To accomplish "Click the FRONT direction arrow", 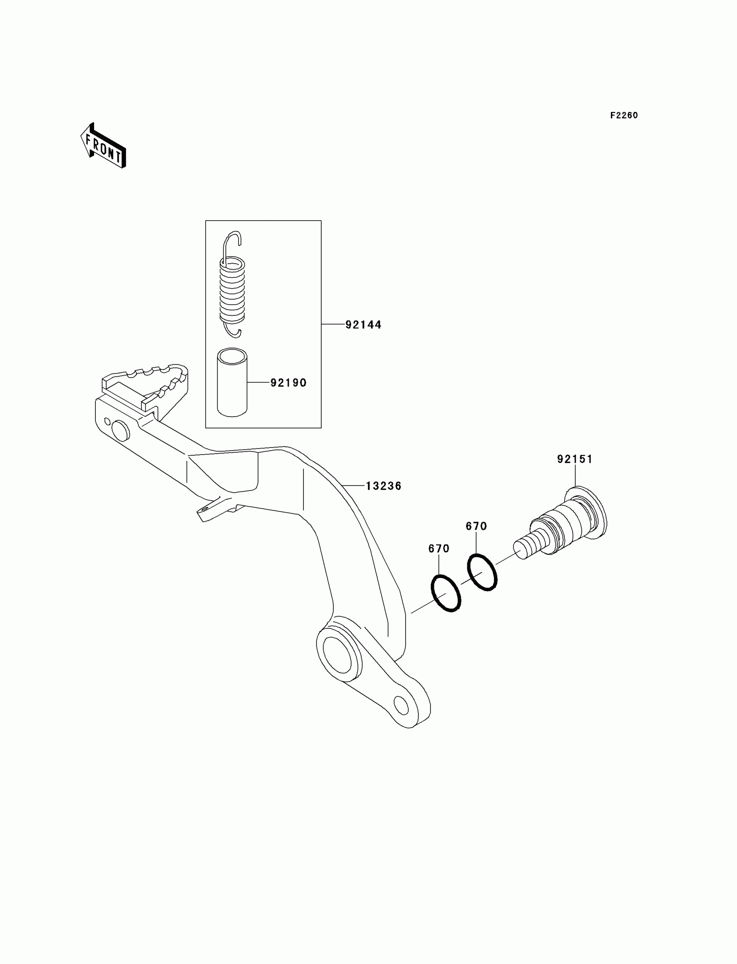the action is tap(104, 146).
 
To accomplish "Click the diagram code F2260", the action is tap(624, 115).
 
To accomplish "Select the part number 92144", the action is tap(363, 325).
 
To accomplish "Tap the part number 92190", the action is tap(288, 382).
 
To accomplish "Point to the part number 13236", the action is tap(383, 486).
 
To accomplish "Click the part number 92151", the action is tap(575, 459).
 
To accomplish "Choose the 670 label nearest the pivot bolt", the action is tap(476, 526).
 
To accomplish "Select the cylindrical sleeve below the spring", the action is tap(232, 382).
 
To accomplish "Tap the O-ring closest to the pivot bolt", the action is tap(482, 572).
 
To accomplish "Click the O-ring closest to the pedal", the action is tap(446, 593).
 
